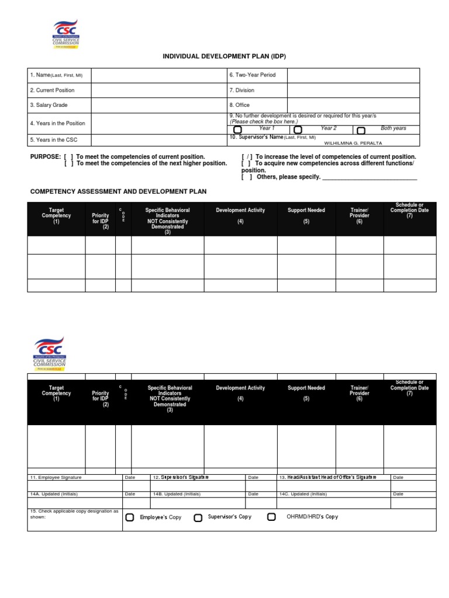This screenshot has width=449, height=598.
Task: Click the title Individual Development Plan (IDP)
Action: click(x=224, y=56)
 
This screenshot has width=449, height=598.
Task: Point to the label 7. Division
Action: click(x=241, y=91)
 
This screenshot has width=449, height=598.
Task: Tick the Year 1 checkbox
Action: click(x=238, y=130)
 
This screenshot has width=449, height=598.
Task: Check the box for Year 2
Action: click(x=298, y=130)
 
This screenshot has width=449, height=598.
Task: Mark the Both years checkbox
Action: click(x=361, y=130)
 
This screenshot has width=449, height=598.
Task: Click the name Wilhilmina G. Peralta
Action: click(x=353, y=142)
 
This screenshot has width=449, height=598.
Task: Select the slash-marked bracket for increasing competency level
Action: click(x=247, y=157)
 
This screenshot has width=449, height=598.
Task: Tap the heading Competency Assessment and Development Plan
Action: click(x=118, y=192)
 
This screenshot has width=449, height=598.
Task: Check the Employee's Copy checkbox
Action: click(x=130, y=517)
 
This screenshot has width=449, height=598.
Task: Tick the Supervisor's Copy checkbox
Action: click(x=198, y=517)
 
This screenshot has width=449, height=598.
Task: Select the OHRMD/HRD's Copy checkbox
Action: click(x=271, y=517)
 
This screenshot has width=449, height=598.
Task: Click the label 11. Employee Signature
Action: click(x=56, y=478)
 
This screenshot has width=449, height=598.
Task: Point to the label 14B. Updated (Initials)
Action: click(x=177, y=494)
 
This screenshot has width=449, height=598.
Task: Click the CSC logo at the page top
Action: click(x=65, y=34)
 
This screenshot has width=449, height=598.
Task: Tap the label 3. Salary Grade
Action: click(x=49, y=105)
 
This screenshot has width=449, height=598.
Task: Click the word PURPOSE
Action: click(x=45, y=157)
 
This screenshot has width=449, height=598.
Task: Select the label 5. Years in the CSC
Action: click(x=54, y=140)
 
